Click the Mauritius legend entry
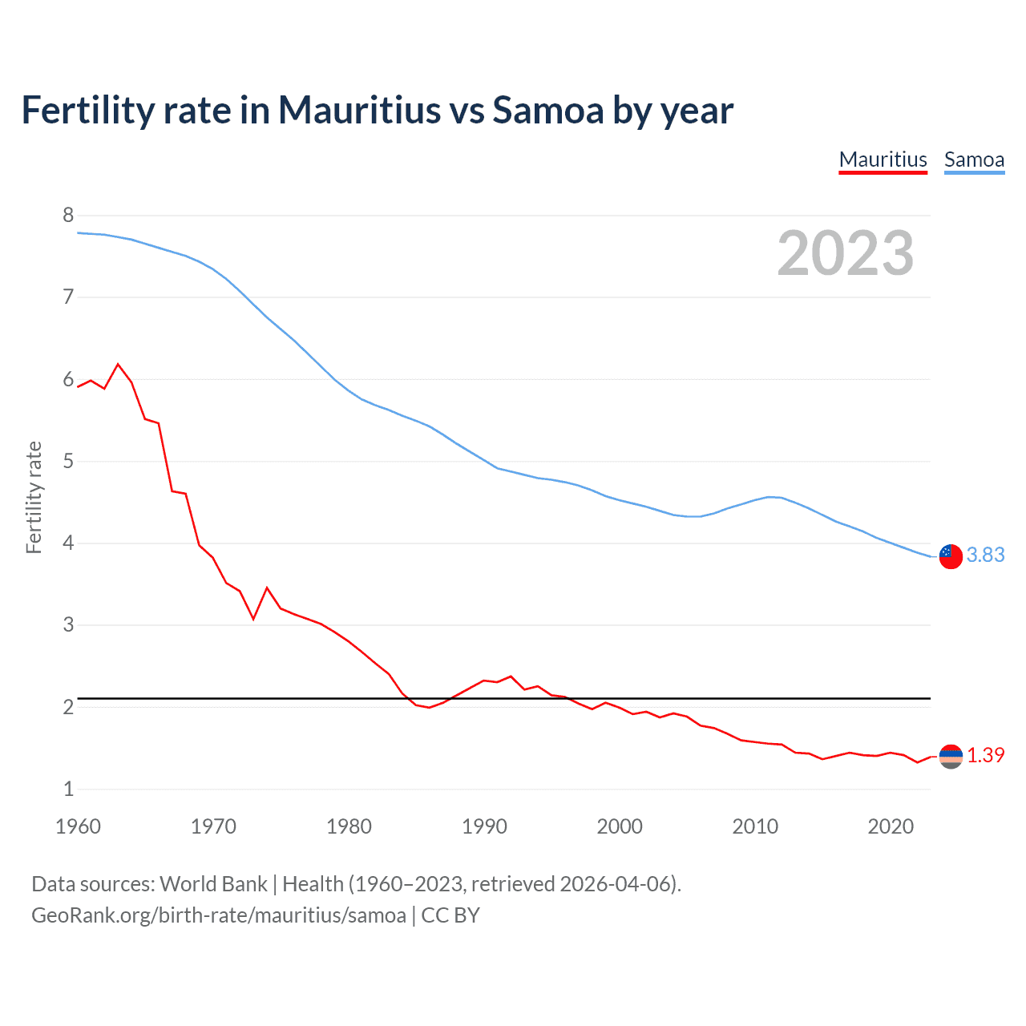click(x=883, y=160)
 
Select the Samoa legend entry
click(x=974, y=160)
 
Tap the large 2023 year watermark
click(x=846, y=253)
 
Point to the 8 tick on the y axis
click(x=68, y=215)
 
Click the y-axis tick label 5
click(x=68, y=461)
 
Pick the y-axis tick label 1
click(x=68, y=789)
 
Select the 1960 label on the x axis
click(x=78, y=826)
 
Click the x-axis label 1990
click(x=484, y=826)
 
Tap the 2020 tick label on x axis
click(x=891, y=826)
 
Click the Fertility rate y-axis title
click(x=34, y=497)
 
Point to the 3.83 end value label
click(x=985, y=555)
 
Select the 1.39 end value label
click(x=985, y=755)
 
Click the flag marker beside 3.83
click(x=951, y=555)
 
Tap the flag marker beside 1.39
click(x=951, y=756)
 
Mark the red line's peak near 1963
click(x=119, y=365)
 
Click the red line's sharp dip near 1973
click(x=253, y=619)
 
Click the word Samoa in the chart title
click(x=547, y=110)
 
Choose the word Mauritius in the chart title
click(x=359, y=110)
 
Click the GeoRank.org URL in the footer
click(x=218, y=915)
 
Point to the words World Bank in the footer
click(x=213, y=884)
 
